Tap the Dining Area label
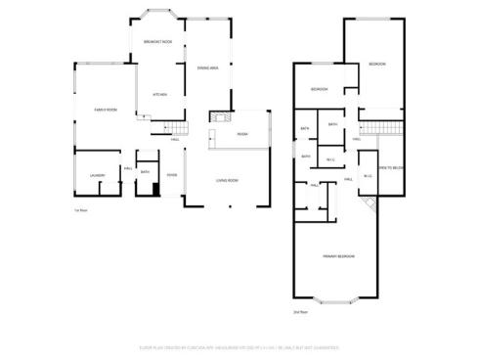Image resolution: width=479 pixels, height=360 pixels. pos(206,67)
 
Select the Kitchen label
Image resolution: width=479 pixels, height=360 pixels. pos(159,94)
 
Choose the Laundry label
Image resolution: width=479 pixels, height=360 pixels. pos(97,175)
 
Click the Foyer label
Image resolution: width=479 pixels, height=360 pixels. pos(171,176)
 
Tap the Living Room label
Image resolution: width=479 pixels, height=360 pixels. pos(228,180)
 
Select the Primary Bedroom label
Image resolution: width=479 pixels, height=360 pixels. pos(338,255)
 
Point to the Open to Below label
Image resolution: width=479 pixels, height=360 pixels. pos(391,168)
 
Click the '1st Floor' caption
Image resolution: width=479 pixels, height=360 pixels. pos(81,211)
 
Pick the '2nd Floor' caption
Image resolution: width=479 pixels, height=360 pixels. pos(299,312)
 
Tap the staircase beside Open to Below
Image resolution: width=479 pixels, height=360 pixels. pos(381,130)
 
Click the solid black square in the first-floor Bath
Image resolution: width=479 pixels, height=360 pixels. pos(153,191)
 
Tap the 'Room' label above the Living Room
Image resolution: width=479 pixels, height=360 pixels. pos(241,134)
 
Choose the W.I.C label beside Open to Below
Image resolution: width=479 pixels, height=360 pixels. pos(367,176)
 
